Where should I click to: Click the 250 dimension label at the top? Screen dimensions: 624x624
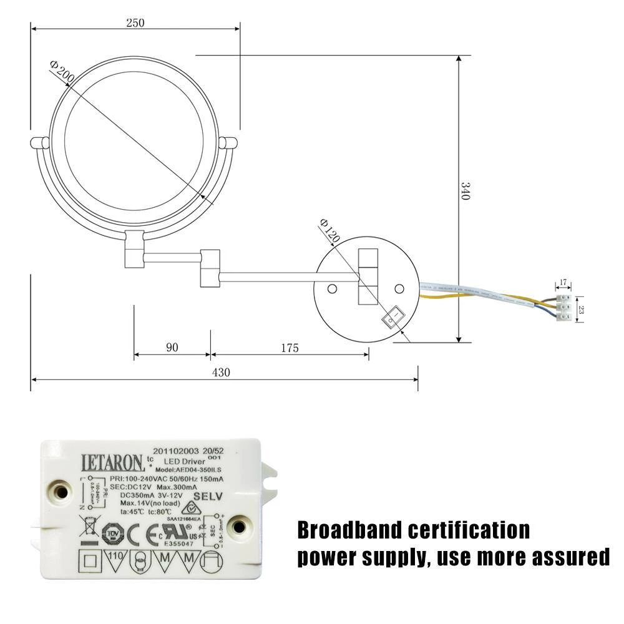coord(135,23)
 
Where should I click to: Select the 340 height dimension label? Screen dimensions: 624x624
coord(464,190)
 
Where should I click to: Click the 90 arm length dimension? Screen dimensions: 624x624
coord(172,348)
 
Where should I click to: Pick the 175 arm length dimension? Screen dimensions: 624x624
coord(289,348)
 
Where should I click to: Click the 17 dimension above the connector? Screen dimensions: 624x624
coord(563,283)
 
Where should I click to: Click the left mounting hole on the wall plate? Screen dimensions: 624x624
coord(333,288)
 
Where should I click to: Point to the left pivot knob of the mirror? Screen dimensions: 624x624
coord(40,143)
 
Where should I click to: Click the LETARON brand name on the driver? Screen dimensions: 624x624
coord(112,462)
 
